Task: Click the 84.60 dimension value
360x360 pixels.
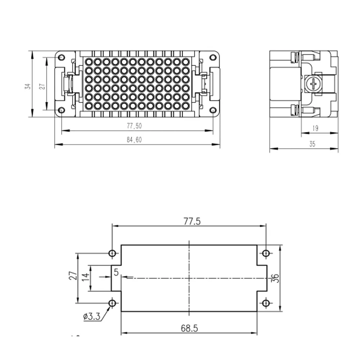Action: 134,140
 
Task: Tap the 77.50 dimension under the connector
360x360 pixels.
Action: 134,126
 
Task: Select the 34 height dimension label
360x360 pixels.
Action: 28,86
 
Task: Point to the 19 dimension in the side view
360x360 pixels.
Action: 315,129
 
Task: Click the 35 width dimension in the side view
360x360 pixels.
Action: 312,144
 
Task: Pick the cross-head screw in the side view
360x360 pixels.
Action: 313,84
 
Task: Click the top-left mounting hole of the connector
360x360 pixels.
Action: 61,57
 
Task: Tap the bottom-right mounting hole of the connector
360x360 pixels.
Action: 213,110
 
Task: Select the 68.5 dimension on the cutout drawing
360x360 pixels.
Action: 189,328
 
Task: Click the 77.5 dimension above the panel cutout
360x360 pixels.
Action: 192,221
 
